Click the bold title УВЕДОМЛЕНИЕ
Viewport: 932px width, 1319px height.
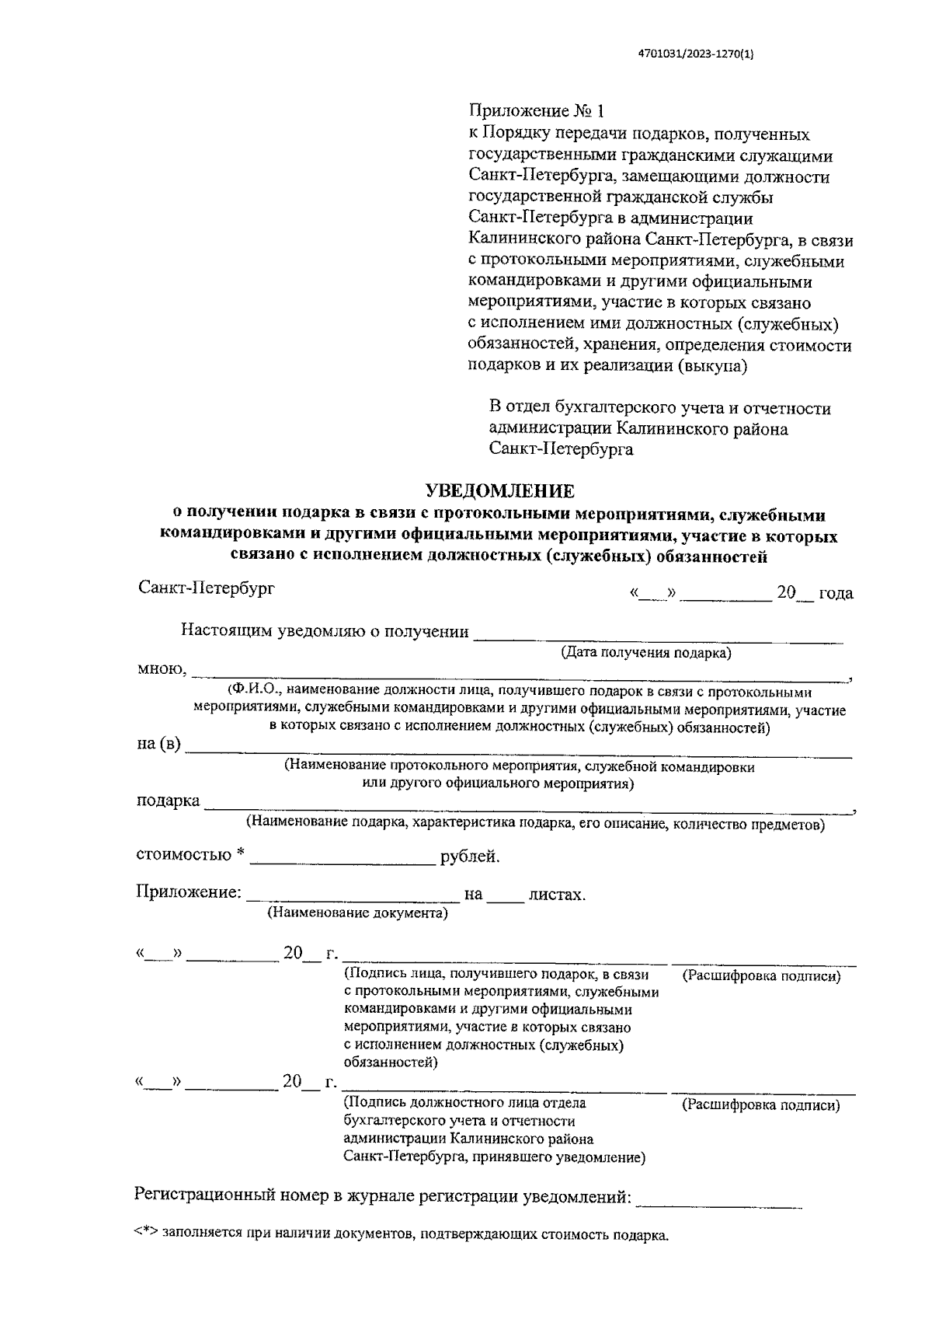click(x=499, y=492)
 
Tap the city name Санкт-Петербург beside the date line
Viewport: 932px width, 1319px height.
click(x=206, y=588)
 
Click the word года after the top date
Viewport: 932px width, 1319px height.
click(x=835, y=594)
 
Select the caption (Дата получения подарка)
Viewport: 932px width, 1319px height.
click(x=646, y=653)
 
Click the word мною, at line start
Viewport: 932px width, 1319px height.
click(x=162, y=669)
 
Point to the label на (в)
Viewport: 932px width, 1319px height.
click(x=158, y=745)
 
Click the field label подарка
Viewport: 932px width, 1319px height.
click(x=168, y=801)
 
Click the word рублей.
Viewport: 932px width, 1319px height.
click(x=470, y=857)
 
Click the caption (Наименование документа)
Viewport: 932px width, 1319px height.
click(x=357, y=913)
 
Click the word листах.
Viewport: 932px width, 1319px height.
click(x=557, y=895)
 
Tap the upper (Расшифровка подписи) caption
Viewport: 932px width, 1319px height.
click(x=761, y=977)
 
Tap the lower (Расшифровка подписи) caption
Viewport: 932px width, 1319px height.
click(x=761, y=1105)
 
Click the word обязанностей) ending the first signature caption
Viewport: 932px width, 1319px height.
click(x=391, y=1063)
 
